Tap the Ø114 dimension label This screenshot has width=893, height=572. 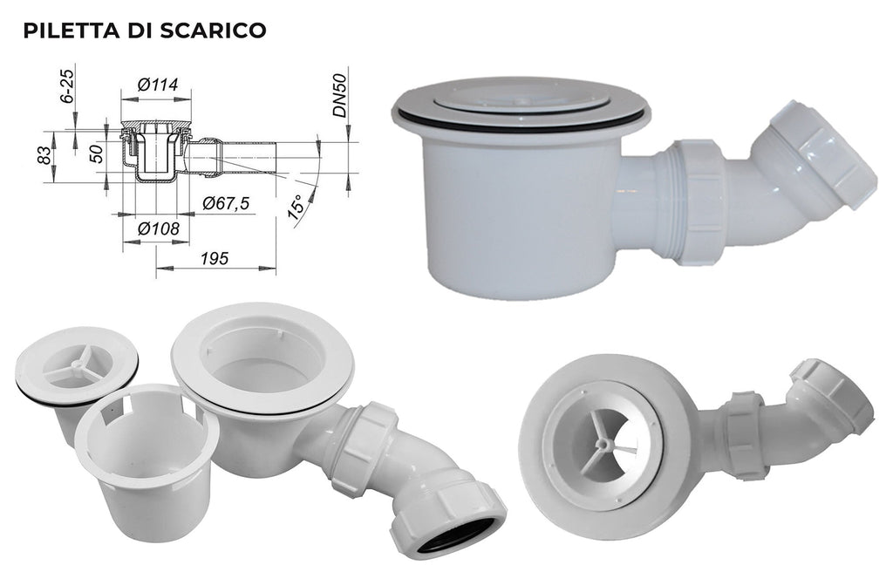[x=158, y=85]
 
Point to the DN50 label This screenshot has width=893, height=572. [x=339, y=96]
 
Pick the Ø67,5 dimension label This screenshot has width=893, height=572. [x=226, y=203]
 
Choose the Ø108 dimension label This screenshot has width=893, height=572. [x=159, y=228]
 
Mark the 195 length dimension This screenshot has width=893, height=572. [x=215, y=258]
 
